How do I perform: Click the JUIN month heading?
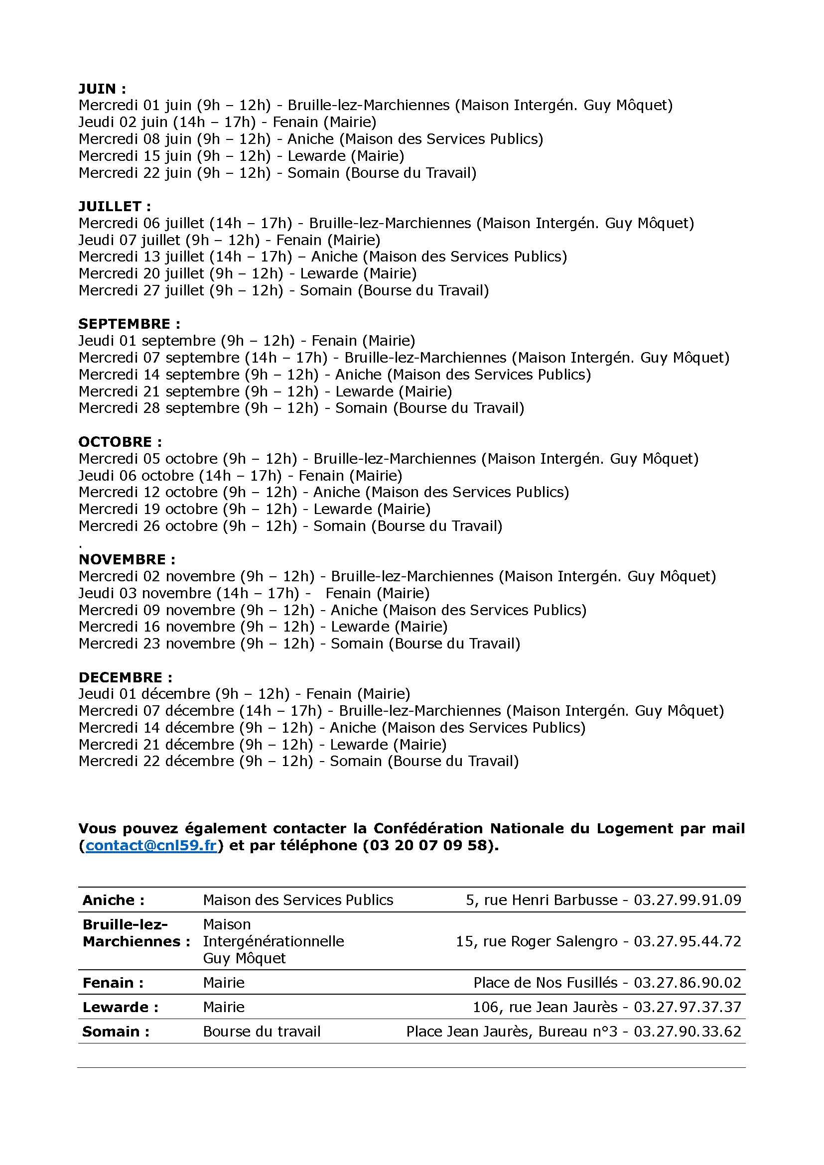point(102,89)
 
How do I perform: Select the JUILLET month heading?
point(115,207)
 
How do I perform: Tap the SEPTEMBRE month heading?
point(130,324)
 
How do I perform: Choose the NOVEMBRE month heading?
point(127,560)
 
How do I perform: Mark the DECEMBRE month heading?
point(126,677)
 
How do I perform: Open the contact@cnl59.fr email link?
point(152,845)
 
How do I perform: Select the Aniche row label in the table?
point(114,900)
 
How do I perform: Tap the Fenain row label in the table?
point(113,983)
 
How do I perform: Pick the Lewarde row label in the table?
point(121,1007)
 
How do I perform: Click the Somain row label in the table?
point(116,1032)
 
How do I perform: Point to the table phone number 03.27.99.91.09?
point(687,900)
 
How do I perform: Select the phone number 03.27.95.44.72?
point(687,941)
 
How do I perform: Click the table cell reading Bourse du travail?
point(262,1032)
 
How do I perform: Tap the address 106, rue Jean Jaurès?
point(545,1007)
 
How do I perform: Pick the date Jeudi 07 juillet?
point(129,240)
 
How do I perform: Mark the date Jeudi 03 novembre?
point(144,593)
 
